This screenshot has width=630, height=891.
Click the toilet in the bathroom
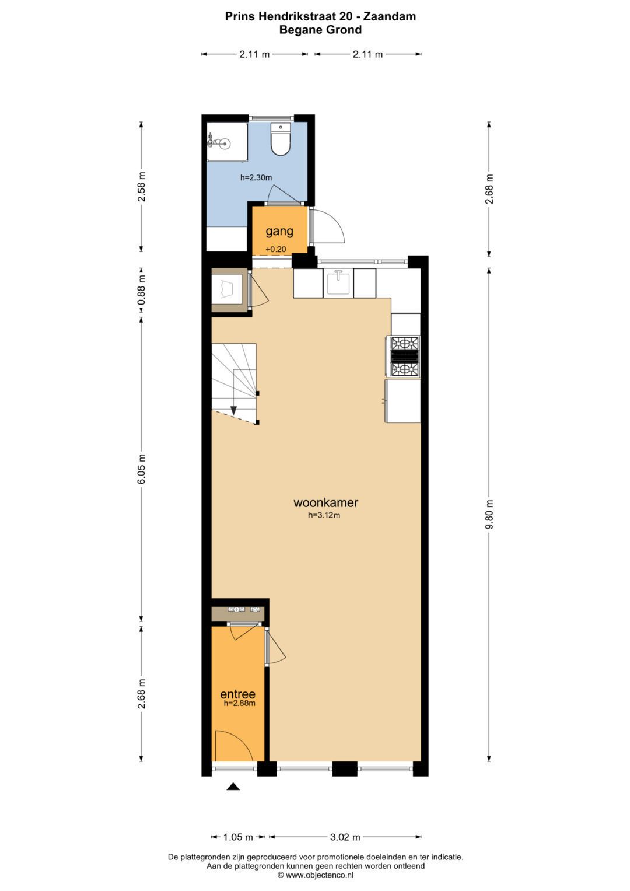coord(281,139)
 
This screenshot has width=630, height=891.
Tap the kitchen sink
coord(338,283)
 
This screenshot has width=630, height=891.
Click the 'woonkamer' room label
coord(325,503)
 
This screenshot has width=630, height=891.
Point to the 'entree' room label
coord(238,694)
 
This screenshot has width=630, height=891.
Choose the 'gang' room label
coord(279,231)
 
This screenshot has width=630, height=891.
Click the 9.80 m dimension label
coord(490,514)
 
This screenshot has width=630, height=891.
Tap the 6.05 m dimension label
coord(142,469)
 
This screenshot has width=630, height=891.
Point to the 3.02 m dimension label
coord(345,837)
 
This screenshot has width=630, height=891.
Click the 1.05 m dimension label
coord(238,837)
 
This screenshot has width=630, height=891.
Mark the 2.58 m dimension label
coord(142,187)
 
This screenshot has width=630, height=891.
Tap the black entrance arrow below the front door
coord(233,787)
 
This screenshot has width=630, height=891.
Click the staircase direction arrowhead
coord(233,411)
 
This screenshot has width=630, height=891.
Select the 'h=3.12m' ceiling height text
coord(324,515)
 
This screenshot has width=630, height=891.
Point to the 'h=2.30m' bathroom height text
coord(256,178)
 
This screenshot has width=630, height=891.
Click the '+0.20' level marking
coord(275,250)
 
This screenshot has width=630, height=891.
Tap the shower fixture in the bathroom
coord(218,142)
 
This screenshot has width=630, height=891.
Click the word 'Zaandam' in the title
coord(390,17)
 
